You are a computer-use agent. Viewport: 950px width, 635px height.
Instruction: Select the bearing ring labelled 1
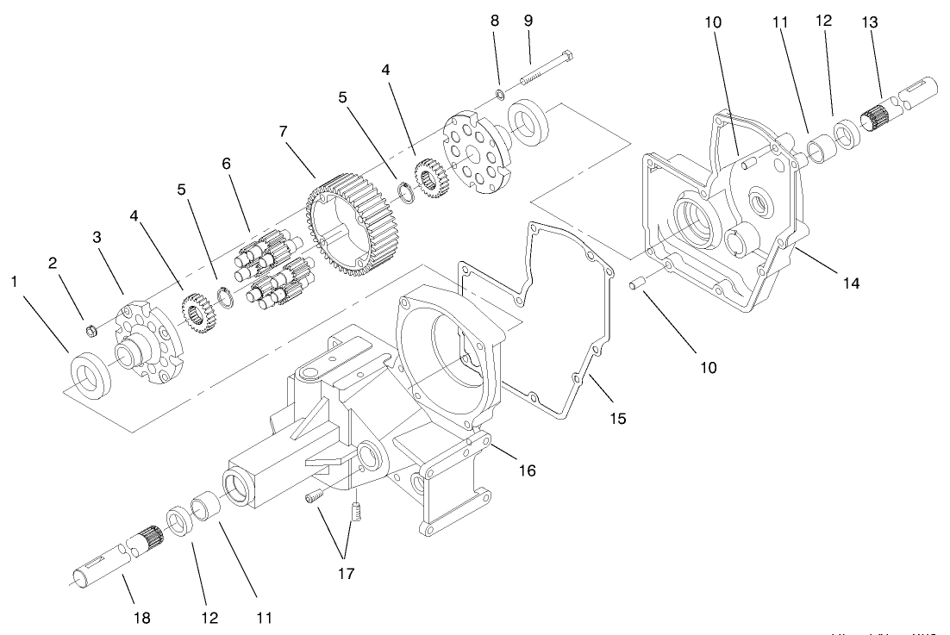(x=90, y=375)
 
